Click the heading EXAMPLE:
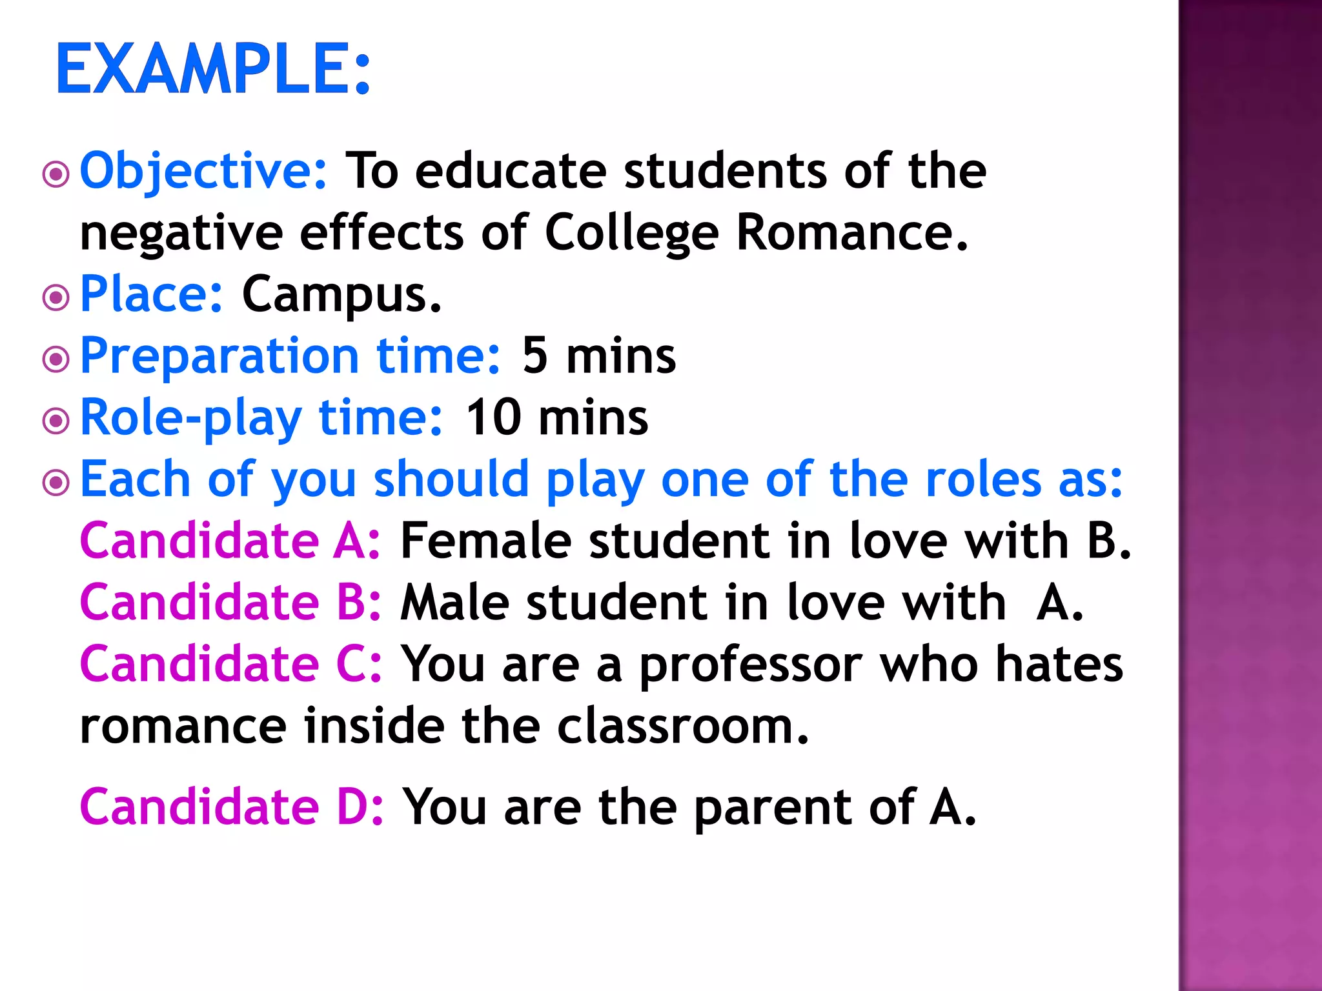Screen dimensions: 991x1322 (213, 68)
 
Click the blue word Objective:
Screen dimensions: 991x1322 (204, 172)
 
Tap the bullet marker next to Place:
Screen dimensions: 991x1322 (56, 297)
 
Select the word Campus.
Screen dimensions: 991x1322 (341, 295)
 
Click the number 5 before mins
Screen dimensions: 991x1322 (535, 355)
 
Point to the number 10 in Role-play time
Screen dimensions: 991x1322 (493, 417)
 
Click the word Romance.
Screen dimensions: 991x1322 (852, 232)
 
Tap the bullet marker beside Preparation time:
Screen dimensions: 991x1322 (56, 359)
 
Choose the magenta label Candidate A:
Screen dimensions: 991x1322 (230, 541)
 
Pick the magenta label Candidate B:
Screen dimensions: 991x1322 (230, 603)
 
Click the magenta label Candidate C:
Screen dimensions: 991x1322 (230, 665)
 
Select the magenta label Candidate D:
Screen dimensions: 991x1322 (231, 807)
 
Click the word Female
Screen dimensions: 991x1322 (485, 541)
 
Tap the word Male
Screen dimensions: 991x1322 (455, 603)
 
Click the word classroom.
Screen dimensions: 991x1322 (682, 726)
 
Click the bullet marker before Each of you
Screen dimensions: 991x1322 (56, 482)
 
